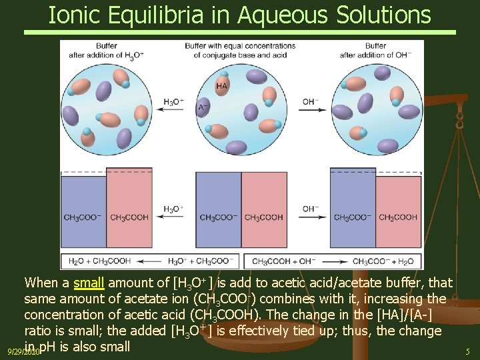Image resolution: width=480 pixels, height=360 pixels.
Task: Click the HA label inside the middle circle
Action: pos(222,87)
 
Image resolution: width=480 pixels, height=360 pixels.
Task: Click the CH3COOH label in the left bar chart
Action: pos(129,217)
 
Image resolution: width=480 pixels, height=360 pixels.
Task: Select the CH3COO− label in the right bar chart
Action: pos(353,217)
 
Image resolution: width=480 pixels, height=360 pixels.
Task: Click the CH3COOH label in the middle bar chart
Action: pos(263,217)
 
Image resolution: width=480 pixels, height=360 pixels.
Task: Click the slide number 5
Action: pos(467,351)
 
